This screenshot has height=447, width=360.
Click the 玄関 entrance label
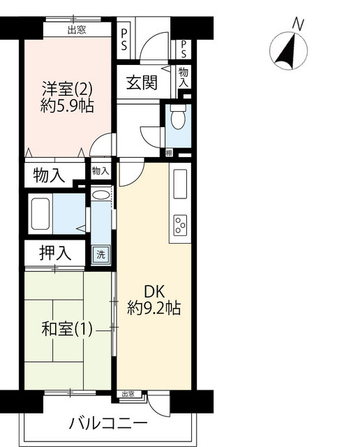pos(142,82)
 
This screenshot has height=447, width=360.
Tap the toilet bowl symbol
pos(179,117)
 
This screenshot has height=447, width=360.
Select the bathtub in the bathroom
pos(40,214)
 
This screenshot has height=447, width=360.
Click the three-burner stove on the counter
pos(180,225)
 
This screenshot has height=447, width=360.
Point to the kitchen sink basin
pos(180,184)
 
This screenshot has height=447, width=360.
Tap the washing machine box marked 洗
pos(101,254)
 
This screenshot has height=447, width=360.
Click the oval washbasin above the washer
pos(101,196)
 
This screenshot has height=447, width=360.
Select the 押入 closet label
pos(55,253)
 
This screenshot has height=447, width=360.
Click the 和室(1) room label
pos(67,329)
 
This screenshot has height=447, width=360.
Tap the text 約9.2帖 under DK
pos(153,308)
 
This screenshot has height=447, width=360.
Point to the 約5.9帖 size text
pos(67,106)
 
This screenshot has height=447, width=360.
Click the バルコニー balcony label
pos(109,424)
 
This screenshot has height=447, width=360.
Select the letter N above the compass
pos(298,24)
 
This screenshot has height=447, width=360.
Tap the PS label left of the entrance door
pos(124,40)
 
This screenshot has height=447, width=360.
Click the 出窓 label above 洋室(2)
pos(77,30)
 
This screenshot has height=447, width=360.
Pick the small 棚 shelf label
pos(169,153)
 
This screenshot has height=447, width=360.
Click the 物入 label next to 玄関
pos(183,77)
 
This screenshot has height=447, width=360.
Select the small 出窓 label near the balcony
pos(128,394)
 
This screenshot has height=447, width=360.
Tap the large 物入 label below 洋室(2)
pos(50,175)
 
